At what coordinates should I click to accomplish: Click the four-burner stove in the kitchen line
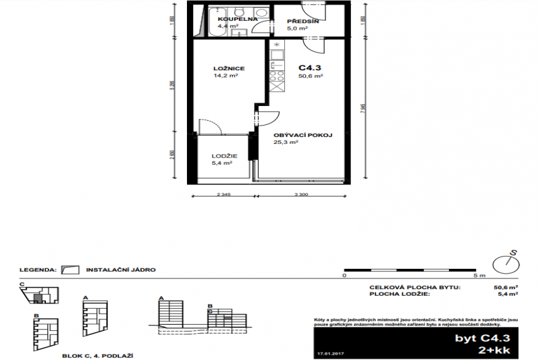click(x=277, y=82)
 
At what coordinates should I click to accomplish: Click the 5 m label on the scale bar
click(x=480, y=276)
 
